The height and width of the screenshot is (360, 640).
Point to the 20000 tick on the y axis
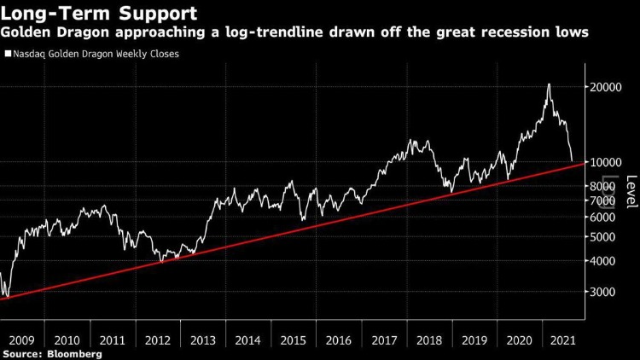point(603,86)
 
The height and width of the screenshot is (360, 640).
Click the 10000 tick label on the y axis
point(603,162)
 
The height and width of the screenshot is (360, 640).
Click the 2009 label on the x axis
point(21,339)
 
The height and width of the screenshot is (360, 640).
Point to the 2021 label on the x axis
point(561,339)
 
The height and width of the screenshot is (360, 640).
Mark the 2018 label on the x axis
point(429,339)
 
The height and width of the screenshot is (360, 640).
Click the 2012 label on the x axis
point(158,339)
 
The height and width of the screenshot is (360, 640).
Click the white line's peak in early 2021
point(549,84)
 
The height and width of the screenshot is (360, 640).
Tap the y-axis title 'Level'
point(631,191)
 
